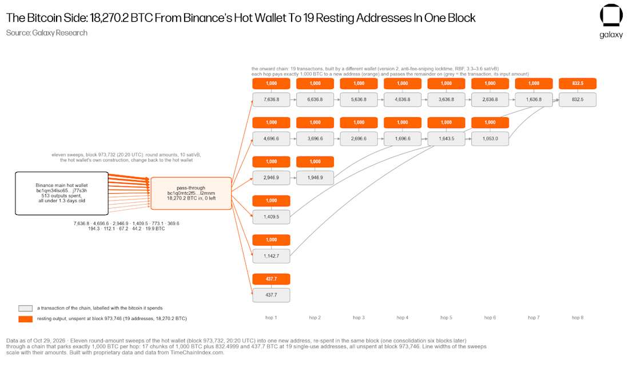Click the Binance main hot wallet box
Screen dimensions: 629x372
[x=62, y=193]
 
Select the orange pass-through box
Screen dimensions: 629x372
[x=191, y=193]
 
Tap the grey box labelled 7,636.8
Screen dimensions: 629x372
[x=271, y=99]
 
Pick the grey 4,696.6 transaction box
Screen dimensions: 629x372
[x=271, y=139]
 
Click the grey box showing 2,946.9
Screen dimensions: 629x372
[x=271, y=178]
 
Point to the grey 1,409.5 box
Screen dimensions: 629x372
[x=271, y=217]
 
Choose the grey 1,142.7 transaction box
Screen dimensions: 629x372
[x=271, y=256]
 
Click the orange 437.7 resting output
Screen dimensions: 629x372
[x=271, y=279]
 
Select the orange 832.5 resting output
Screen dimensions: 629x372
[x=578, y=83]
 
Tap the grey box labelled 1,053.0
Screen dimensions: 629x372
[x=490, y=139]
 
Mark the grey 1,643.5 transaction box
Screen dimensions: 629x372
[x=447, y=139]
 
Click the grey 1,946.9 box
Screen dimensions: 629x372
[x=315, y=178]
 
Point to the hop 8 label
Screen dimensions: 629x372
[x=578, y=318]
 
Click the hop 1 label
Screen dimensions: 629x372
[x=271, y=318]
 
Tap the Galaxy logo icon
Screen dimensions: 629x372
[x=611, y=15]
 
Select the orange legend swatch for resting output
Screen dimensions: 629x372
[x=25, y=319]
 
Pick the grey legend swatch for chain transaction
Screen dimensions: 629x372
[x=25, y=308]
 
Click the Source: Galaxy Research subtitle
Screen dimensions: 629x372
[x=46, y=33]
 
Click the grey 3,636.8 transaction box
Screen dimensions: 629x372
[x=447, y=99]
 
